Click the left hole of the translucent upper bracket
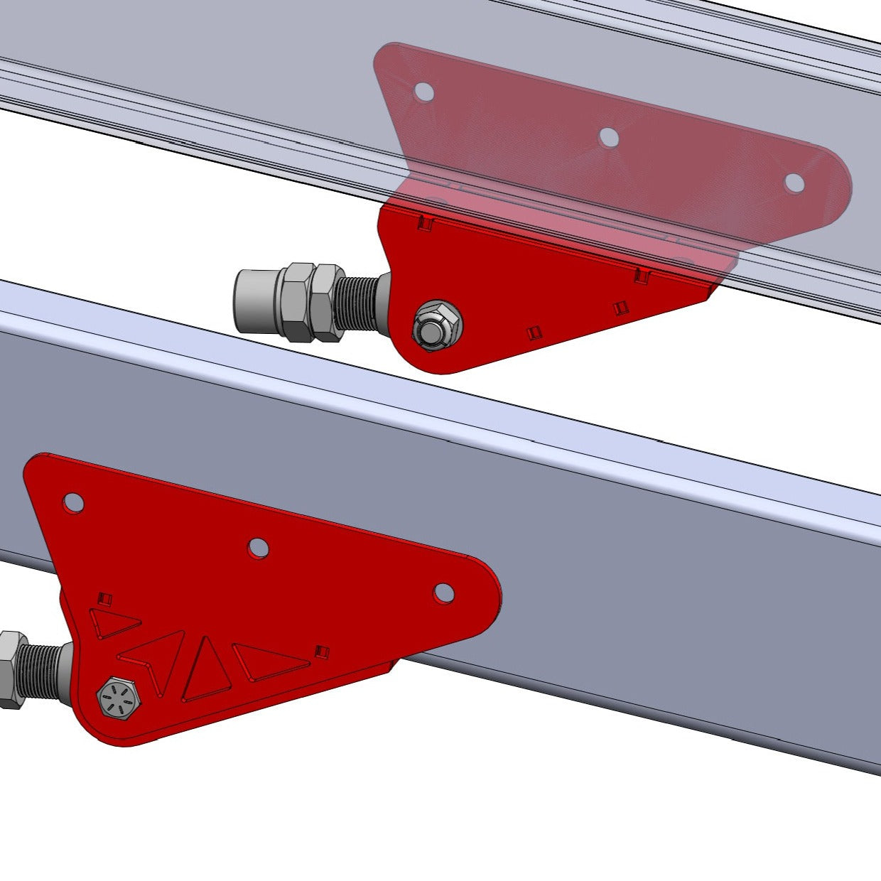point(423,91)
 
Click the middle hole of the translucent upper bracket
point(607,137)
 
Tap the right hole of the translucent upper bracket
point(794,182)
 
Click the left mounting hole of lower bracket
point(73,502)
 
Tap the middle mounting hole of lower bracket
point(258,547)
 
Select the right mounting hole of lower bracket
point(443,592)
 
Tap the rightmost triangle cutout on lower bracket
point(269,660)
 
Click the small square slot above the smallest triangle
point(106,598)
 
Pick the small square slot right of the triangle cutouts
point(323,651)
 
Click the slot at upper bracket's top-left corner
point(426,223)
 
